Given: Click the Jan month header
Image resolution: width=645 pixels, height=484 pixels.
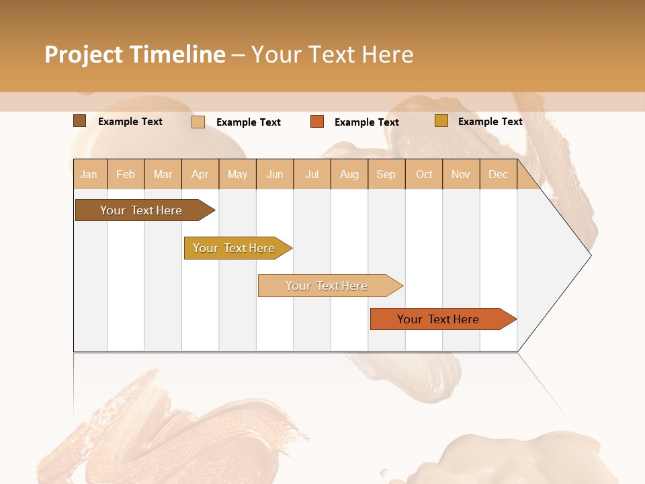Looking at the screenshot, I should [89, 174].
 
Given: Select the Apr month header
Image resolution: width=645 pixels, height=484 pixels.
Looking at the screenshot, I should [200, 174].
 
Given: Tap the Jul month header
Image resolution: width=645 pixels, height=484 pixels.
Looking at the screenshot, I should [312, 174].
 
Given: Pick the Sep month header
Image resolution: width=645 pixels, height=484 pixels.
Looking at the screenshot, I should [386, 174].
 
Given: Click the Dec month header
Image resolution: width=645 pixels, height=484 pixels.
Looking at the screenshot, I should [498, 174].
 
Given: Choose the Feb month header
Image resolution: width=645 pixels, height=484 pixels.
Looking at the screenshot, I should [126, 174].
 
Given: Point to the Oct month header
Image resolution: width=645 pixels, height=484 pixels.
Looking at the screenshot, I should [424, 174].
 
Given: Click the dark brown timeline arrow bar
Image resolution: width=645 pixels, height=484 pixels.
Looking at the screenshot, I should [141, 210].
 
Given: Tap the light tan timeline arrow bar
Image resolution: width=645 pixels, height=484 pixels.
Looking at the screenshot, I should [327, 286].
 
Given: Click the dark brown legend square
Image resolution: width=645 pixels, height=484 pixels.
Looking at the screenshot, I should [79, 121].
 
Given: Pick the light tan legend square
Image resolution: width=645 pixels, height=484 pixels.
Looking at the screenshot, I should [198, 122].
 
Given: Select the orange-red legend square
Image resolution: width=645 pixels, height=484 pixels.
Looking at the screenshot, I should [317, 122].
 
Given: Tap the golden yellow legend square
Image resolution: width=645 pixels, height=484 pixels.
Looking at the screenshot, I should [441, 121].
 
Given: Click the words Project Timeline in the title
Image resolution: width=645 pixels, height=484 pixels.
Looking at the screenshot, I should [134, 54].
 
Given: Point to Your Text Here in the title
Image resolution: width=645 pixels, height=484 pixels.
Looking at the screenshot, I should [332, 54].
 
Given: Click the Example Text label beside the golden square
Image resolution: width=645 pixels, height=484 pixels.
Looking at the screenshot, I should [490, 122].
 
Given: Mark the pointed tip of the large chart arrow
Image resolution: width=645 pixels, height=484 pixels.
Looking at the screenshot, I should [590, 255].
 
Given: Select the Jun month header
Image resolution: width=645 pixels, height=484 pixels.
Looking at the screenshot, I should [275, 174].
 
